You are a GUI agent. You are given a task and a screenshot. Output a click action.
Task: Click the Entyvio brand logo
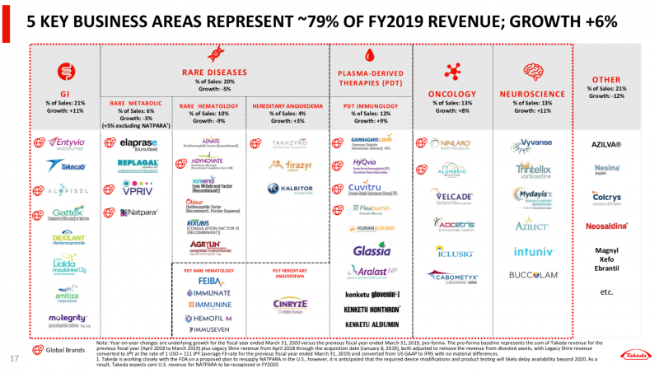click(x=67, y=142)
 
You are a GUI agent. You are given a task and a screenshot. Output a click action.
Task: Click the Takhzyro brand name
click(x=290, y=143)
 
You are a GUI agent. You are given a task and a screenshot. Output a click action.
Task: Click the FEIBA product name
click(x=209, y=282)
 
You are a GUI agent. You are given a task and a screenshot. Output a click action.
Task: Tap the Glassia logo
click(x=366, y=249)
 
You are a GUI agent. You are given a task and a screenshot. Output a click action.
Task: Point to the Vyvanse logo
click(x=531, y=143)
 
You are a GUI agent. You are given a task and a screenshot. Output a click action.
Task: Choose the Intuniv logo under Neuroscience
click(x=529, y=251)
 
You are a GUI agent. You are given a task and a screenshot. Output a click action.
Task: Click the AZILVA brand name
click(x=607, y=145)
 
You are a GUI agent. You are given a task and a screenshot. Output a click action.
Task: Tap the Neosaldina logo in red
click(x=607, y=225)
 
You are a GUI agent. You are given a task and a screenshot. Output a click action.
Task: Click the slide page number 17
click(x=13, y=358)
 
